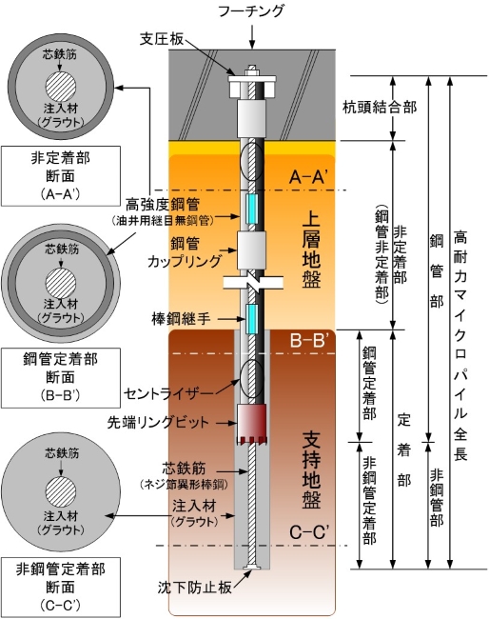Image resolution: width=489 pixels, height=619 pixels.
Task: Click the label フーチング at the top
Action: [251, 10]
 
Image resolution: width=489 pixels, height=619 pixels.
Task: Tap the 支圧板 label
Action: [162, 39]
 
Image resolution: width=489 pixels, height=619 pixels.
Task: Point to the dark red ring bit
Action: [251, 423]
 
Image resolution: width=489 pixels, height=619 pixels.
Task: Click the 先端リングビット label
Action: [158, 423]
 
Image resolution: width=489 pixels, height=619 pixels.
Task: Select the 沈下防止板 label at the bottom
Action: [194, 588]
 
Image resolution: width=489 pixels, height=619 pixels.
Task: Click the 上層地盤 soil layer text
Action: [311, 250]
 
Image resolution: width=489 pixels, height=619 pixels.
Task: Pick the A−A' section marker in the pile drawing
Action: [307, 177]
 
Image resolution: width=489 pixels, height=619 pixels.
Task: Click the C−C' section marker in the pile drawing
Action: [308, 532]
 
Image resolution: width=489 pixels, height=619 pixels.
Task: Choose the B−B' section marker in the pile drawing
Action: [307, 340]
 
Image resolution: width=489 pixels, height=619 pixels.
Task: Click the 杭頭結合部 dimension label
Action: [380, 107]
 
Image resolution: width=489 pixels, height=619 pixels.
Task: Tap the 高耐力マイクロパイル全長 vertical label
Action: [460, 346]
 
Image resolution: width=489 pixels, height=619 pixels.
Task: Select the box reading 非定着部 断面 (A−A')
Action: [60, 176]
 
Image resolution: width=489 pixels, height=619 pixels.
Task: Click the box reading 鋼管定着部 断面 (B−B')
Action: [60, 378]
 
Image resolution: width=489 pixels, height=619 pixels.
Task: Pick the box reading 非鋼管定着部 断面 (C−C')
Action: [60, 588]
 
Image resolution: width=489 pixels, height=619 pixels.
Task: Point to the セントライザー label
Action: [168, 393]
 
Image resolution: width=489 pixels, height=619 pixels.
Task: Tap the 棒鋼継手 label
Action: [182, 319]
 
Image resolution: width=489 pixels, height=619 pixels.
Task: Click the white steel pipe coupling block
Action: [251, 250]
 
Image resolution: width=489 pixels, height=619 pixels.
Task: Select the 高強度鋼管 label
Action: [163, 206]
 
